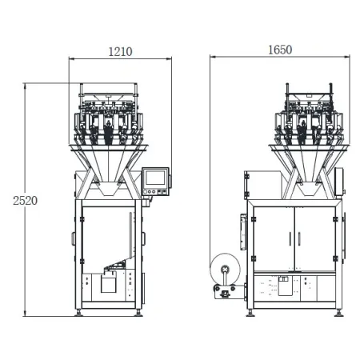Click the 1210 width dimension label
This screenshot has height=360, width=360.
[120, 52]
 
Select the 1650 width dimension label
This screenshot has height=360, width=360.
[280, 50]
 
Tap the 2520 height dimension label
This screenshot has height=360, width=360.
[25, 201]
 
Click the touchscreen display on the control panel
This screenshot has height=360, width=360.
[155, 178]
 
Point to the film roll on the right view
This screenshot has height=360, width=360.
[226, 270]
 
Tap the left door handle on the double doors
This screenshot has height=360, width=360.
[290, 239]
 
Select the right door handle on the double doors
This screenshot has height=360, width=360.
[299, 239]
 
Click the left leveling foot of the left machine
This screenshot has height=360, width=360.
[78, 313]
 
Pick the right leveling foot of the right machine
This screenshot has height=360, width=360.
[338, 313]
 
